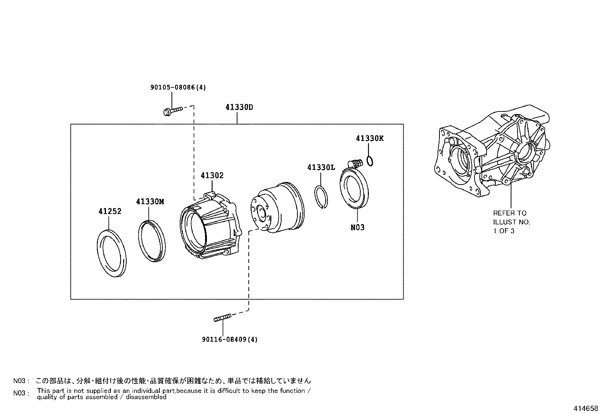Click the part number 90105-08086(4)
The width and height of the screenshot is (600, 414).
point(178,87)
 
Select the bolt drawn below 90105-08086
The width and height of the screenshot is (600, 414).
point(173,110)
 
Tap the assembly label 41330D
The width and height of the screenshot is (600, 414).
point(239,107)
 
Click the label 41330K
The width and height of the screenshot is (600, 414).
point(369,138)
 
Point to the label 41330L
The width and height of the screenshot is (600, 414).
point(321,167)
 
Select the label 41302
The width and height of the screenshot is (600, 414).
point(212,176)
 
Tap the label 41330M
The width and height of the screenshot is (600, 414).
point(150,202)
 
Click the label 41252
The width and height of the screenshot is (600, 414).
point(110,211)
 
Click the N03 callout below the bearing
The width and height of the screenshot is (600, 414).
point(357,228)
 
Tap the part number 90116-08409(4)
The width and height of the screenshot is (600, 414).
point(230,339)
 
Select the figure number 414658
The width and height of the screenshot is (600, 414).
point(586,408)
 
